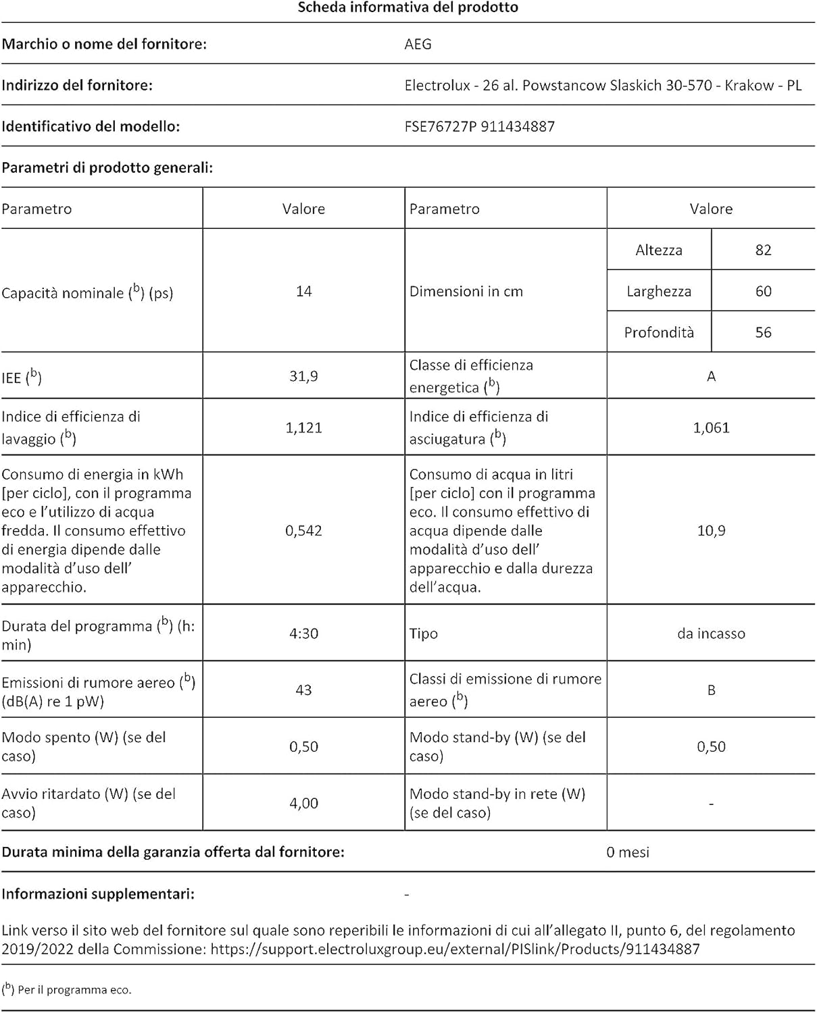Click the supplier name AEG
click(x=418, y=45)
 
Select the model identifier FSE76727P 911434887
click(x=479, y=127)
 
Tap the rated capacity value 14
click(x=303, y=291)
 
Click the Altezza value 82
click(x=763, y=250)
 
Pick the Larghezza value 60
click(x=763, y=291)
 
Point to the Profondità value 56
click(x=763, y=332)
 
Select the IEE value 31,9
click(x=303, y=376)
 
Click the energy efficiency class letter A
click(x=711, y=376)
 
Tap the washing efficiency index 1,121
click(x=303, y=427)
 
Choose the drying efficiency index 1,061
click(x=711, y=427)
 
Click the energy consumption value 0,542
click(x=303, y=531)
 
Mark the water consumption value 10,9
click(x=711, y=531)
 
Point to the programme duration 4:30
click(x=303, y=633)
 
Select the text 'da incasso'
click(x=711, y=633)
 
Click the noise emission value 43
click(x=303, y=690)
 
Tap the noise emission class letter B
click(x=711, y=690)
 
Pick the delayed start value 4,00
click(x=303, y=803)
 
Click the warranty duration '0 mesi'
click(x=627, y=852)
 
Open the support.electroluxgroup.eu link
click(x=455, y=950)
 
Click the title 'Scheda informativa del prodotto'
click(x=408, y=8)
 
